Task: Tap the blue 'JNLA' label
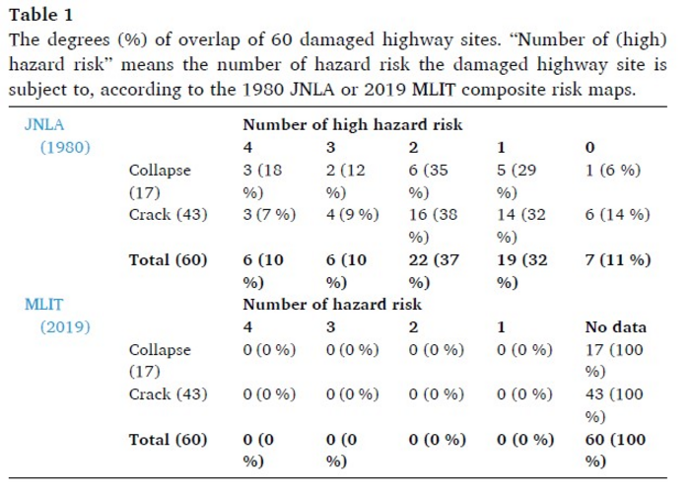[x=44, y=125]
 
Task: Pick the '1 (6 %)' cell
[x=611, y=170]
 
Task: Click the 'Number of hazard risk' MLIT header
[x=334, y=305]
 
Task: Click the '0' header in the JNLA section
[x=588, y=147]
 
